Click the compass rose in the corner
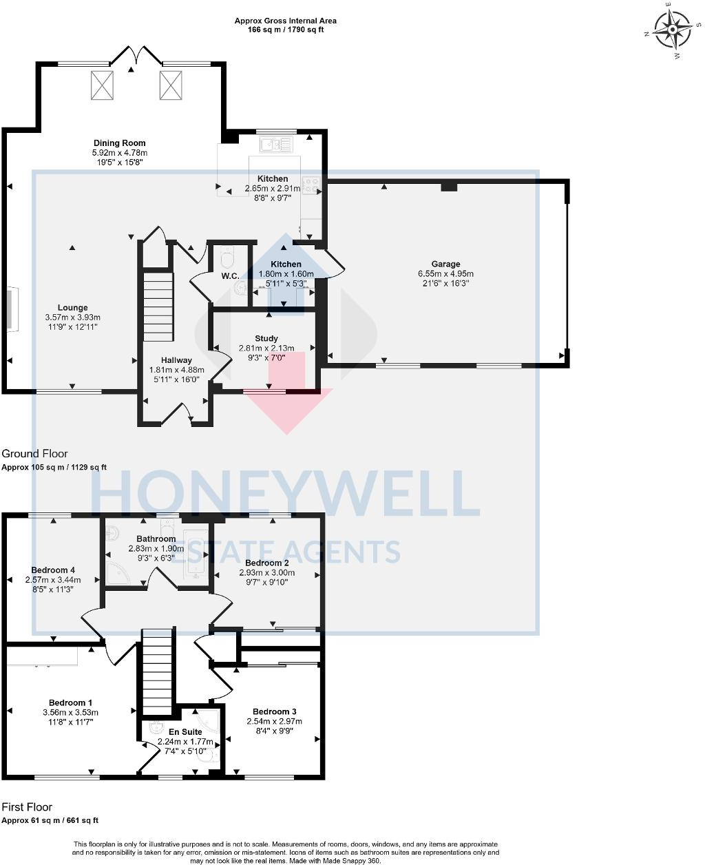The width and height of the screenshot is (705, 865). click(x=672, y=31)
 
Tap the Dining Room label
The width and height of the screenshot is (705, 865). click(x=120, y=143)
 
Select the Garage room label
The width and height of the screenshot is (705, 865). click(x=445, y=264)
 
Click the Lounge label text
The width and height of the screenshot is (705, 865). click(x=72, y=308)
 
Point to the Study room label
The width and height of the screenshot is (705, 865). click(x=266, y=338)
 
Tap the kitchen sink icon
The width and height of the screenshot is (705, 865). click(x=276, y=144)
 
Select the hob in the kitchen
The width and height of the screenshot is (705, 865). click(x=311, y=185)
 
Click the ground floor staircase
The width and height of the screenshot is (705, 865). click(x=158, y=306)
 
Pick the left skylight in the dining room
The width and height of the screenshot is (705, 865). click(x=101, y=85)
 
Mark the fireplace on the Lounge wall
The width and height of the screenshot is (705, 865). click(x=12, y=311)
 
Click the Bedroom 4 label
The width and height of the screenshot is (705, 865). click(x=53, y=570)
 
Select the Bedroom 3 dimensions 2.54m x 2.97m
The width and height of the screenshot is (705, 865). click(x=274, y=721)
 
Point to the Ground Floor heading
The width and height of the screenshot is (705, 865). click(x=35, y=453)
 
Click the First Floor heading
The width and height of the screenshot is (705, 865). click(x=27, y=806)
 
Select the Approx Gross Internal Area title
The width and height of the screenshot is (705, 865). click(x=286, y=21)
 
